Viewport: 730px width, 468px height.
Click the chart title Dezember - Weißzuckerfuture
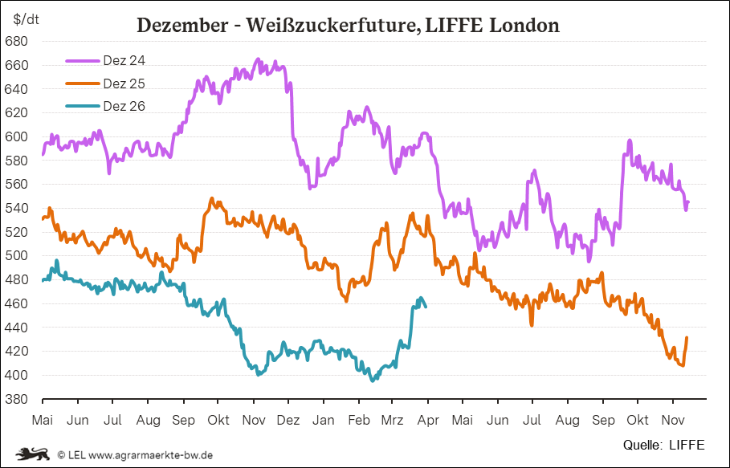pos(348,25)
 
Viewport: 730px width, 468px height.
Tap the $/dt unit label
pos(24,18)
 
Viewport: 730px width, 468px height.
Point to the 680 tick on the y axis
pos(17,41)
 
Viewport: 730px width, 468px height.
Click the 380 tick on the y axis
pos(17,399)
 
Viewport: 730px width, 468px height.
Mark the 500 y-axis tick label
pos(17,256)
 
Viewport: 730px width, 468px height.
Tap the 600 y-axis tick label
pos(17,136)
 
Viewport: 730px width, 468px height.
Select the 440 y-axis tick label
pos(17,328)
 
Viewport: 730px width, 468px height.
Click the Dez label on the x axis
pos(288,420)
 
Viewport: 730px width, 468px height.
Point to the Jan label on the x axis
pos(324,420)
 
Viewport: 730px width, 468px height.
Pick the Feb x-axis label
pos(358,420)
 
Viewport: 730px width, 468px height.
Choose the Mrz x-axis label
pos(392,420)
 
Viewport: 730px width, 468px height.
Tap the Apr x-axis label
pos(427,420)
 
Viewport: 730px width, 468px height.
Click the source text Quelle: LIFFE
pos(663,444)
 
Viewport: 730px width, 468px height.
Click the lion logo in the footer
pos(33,454)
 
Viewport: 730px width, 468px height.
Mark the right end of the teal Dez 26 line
pos(426,306)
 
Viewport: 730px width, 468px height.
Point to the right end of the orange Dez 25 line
pos(687,338)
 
